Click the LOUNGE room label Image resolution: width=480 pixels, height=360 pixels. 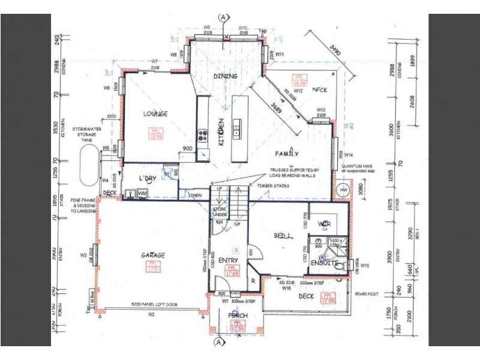click(155, 114)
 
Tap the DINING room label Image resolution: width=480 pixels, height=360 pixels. click(226, 76)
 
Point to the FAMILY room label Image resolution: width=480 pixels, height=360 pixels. click(287, 154)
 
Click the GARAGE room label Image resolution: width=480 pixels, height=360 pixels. click(153, 255)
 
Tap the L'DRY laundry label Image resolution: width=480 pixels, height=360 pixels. click(147, 179)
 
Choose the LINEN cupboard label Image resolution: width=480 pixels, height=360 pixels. click(194, 195)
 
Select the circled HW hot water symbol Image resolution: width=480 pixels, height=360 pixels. click(343, 190)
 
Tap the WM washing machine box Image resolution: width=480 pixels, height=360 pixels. click(142, 194)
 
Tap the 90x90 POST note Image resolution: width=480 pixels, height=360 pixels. click(366, 293)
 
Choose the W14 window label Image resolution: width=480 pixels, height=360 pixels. click(347, 154)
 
